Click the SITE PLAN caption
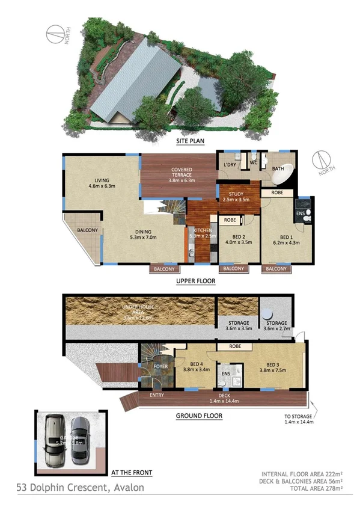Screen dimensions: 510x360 click(x=190, y=141)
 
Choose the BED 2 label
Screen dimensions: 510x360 click(x=236, y=238)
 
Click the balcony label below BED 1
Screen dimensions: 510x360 click(x=276, y=269)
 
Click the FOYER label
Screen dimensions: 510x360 click(x=160, y=366)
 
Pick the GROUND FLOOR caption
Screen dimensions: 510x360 click(x=198, y=416)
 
